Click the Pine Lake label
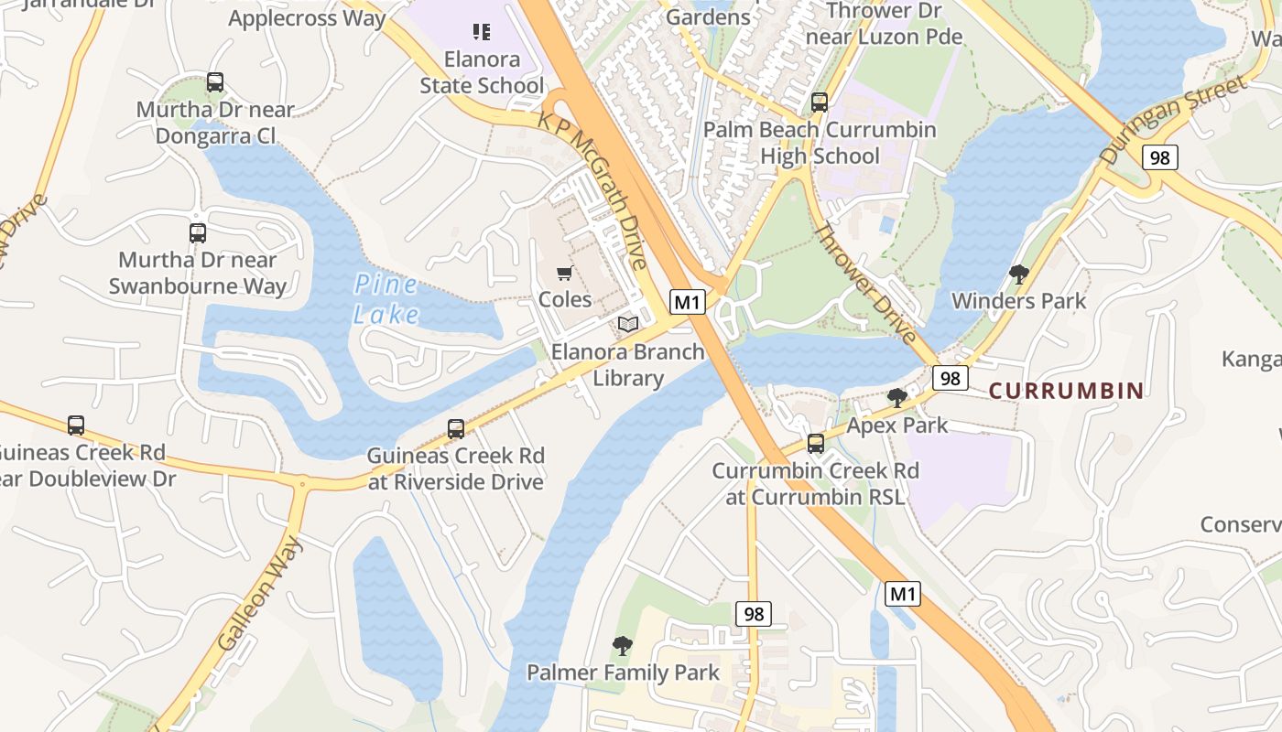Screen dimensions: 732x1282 click(x=386, y=299)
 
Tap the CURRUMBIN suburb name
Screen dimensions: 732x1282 click(x=1066, y=391)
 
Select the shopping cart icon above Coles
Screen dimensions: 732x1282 click(x=565, y=274)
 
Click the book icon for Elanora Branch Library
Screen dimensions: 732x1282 click(x=628, y=325)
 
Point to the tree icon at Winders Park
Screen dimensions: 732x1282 click(x=1018, y=274)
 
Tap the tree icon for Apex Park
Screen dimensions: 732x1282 click(x=897, y=398)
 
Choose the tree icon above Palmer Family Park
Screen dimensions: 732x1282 click(x=623, y=646)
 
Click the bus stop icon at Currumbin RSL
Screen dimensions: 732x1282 click(x=815, y=444)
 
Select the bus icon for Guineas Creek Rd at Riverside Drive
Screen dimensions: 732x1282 click(x=455, y=428)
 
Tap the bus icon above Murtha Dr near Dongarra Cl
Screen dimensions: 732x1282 click(x=215, y=82)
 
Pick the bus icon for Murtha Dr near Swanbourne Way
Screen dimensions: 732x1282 click(x=198, y=232)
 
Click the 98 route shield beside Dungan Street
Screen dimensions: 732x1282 click(x=1159, y=157)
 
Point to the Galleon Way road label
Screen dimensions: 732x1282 click(x=261, y=595)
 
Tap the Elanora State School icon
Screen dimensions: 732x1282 click(x=482, y=32)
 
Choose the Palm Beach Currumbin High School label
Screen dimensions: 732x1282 click(x=820, y=143)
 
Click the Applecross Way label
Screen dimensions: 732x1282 click(x=307, y=18)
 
